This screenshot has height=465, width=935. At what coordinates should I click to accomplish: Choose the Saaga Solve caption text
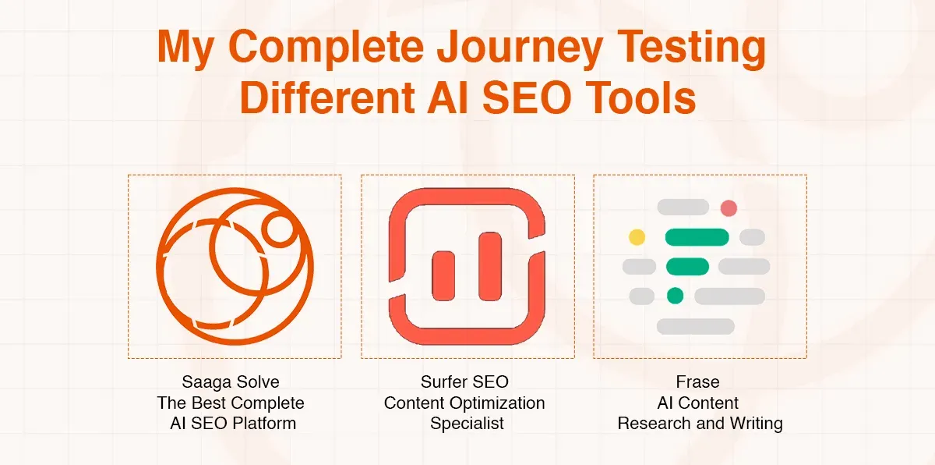(231, 382)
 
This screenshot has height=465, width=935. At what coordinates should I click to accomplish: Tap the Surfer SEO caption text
(464, 382)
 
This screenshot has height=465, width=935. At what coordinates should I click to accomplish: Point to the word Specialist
(467, 424)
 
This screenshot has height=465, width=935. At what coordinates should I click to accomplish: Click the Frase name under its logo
(697, 382)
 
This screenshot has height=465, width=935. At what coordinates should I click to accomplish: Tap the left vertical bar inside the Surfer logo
(443, 266)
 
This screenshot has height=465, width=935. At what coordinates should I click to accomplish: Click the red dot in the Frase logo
(729, 208)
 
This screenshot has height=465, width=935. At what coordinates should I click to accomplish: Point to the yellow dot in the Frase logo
(637, 237)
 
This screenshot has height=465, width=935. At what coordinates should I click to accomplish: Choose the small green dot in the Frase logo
(675, 296)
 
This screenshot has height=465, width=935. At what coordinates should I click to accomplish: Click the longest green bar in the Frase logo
(697, 237)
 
